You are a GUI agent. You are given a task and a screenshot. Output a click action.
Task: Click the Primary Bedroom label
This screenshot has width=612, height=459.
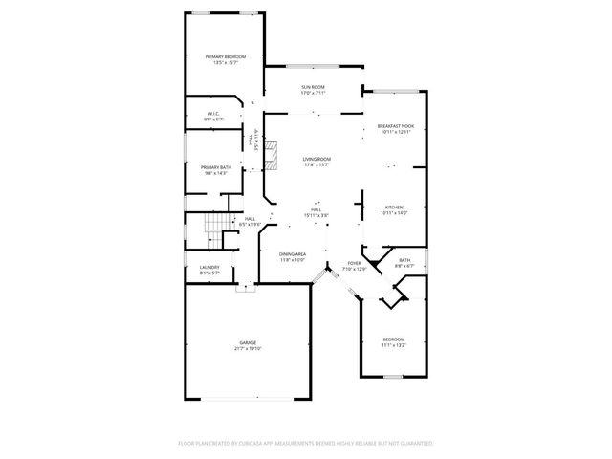[x=226, y=57]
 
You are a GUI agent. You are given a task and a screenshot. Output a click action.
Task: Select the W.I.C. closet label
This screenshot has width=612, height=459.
[x=214, y=114]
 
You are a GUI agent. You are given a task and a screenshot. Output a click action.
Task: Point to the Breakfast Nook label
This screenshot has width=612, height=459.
[x=395, y=126]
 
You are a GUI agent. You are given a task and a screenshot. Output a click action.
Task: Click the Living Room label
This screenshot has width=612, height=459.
[x=317, y=159]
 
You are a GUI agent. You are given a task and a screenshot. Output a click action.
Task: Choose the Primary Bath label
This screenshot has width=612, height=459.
[x=216, y=167]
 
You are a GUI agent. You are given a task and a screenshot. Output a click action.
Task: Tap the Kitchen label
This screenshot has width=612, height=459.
[x=394, y=207]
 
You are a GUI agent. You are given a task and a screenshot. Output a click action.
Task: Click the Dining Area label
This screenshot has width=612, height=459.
[x=293, y=253]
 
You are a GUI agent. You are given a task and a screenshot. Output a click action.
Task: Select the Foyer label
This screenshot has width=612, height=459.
[x=354, y=263]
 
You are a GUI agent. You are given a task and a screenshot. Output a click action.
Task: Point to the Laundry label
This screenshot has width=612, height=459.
[x=209, y=267]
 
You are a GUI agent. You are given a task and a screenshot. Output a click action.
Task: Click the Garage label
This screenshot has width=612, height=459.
[x=248, y=342]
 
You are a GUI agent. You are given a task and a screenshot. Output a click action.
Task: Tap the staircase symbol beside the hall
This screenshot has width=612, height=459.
[x=219, y=228]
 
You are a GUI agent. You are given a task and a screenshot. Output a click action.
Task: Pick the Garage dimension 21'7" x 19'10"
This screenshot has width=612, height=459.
[x=248, y=348]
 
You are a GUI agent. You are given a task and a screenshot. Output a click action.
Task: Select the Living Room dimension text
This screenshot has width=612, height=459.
[x=317, y=164]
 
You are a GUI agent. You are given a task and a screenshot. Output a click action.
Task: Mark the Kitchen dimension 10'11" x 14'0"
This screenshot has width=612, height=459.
[x=394, y=212]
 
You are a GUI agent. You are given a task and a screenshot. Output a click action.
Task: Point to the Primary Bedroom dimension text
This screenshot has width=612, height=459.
[x=226, y=63]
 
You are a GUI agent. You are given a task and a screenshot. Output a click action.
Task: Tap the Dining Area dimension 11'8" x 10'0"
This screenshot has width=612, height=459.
[x=293, y=259]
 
